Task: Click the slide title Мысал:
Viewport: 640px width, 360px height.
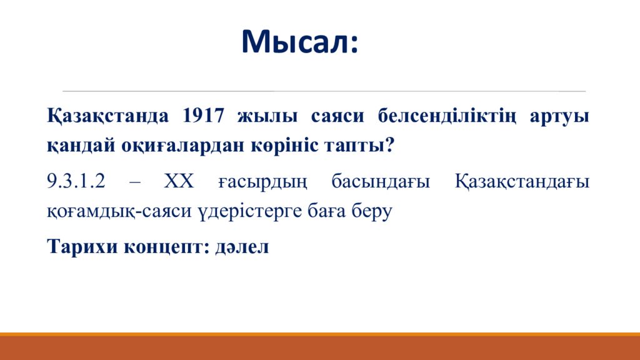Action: pyautogui.click(x=300, y=42)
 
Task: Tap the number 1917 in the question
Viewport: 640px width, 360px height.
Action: pyautogui.click(x=203, y=116)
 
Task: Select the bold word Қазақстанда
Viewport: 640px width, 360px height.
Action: pyautogui.click(x=107, y=116)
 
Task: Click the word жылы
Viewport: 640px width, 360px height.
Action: pyautogui.click(x=267, y=116)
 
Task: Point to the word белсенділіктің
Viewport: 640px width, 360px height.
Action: pyautogui.click(x=447, y=116)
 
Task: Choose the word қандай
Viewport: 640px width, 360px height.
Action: pyautogui.click(x=81, y=144)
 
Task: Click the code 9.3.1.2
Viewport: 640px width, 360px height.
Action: pyautogui.click(x=76, y=181)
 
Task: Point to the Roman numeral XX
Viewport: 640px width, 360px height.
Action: pyautogui.click(x=179, y=181)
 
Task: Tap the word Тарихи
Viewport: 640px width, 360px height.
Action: pyautogui.click(x=83, y=246)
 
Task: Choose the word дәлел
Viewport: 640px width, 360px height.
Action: pyautogui.click(x=242, y=247)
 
